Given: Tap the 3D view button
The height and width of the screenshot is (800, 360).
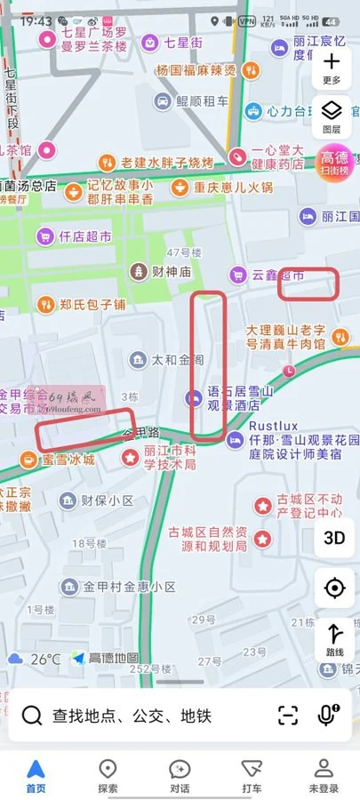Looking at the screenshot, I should point(334,537).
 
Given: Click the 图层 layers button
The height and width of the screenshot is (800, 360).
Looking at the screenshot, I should point(332,116).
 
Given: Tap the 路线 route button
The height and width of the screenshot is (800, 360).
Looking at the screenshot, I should point(334,640).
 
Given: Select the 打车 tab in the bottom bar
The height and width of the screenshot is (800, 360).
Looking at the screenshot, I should point(252,775).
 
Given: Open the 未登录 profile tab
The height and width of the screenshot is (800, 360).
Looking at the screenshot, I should point(324,775).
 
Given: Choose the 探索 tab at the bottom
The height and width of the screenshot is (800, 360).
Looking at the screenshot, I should point(108,775).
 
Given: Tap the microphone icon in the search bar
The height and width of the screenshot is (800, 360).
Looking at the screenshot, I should point(328,715).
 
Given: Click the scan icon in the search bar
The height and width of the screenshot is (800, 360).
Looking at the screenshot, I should point(287,715).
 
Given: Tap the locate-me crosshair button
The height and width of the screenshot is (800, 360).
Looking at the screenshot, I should point(334,588).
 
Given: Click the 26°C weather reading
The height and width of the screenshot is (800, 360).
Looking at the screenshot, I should point(45,659).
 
